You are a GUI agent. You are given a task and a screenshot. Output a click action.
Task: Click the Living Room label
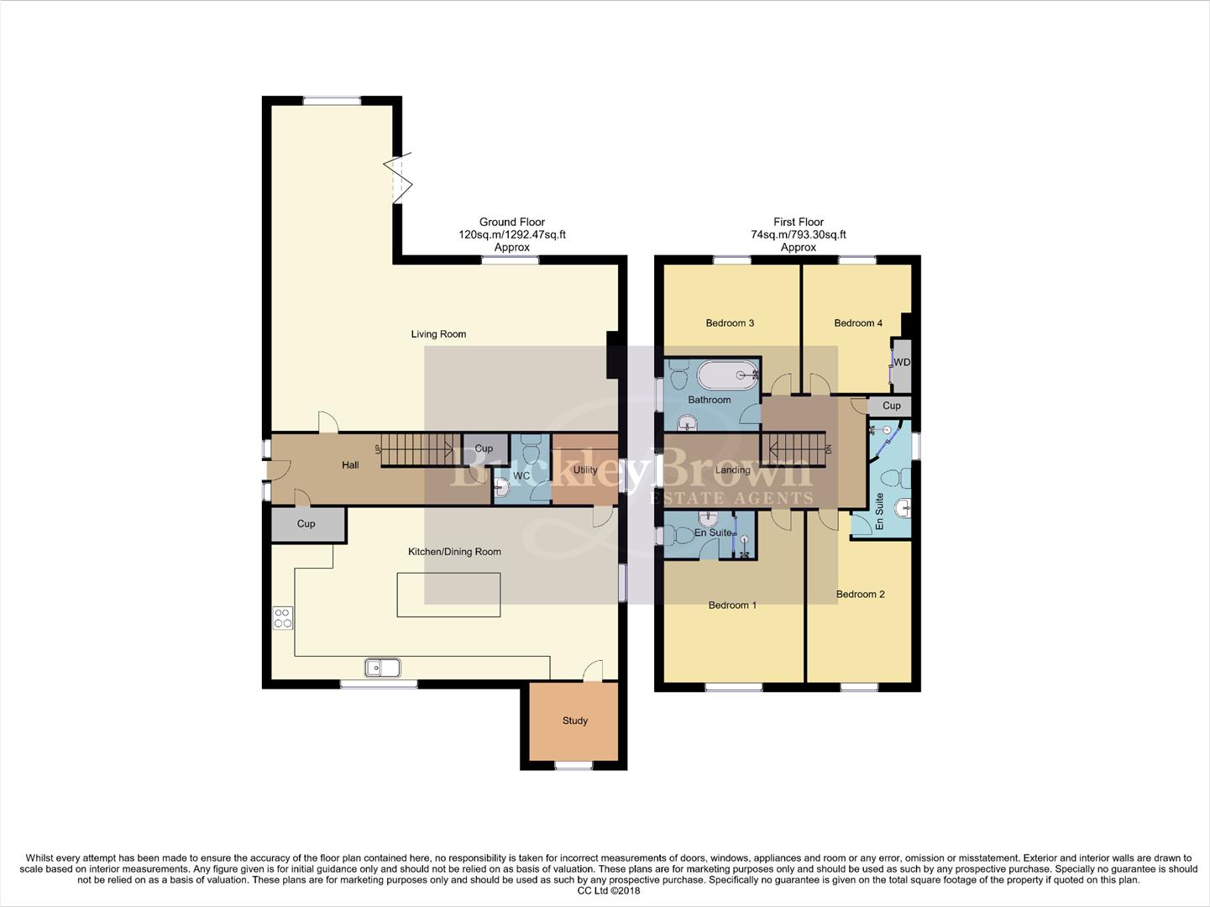[438, 334]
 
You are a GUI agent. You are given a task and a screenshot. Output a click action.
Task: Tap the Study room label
[575, 721]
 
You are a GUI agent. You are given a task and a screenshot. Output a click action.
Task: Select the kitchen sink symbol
[382, 668]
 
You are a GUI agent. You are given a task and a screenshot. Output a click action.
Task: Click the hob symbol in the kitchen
[282, 618]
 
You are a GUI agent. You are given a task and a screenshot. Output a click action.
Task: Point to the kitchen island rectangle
[448, 595]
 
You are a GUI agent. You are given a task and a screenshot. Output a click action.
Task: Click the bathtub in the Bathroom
[728, 375]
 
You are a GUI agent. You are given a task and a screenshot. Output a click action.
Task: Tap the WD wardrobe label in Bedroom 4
[902, 363]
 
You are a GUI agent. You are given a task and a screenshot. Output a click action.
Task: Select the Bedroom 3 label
[730, 323]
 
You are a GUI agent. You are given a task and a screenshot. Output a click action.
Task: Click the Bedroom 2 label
[860, 595]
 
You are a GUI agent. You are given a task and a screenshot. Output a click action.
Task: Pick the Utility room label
[585, 470]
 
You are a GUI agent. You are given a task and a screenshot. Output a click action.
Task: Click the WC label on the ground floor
[521, 476]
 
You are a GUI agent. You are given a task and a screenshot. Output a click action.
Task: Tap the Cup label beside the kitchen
[306, 524]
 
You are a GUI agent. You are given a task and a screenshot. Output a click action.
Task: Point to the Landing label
[732, 470]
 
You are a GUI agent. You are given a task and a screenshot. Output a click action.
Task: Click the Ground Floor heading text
[512, 223]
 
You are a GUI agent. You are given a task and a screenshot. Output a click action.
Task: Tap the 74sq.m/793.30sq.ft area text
[799, 235]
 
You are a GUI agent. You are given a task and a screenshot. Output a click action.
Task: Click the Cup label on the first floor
[891, 406]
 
